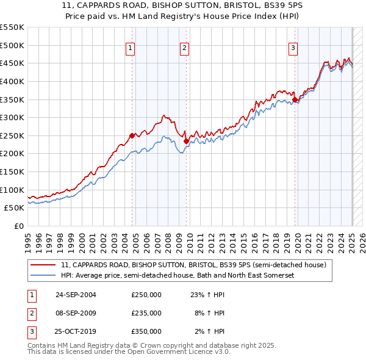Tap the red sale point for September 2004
point(132,135)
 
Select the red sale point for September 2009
point(186,141)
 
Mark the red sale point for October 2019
point(295,99)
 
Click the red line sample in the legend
point(43,265)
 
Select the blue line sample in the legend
point(43,276)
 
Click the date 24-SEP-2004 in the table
point(76,295)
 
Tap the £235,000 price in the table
point(146,313)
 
